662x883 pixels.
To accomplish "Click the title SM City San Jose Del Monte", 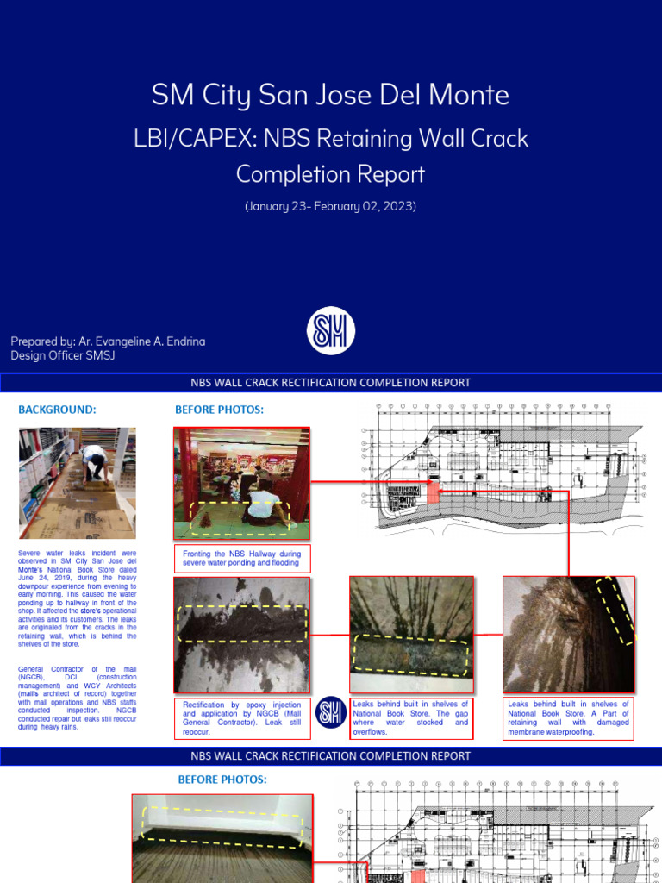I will pyautogui.click(x=330, y=95).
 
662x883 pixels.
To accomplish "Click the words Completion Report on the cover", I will pyautogui.click(x=330, y=174).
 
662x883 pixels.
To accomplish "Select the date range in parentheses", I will pyautogui.click(x=330, y=207).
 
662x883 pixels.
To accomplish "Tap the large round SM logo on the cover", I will pyautogui.click(x=331, y=331).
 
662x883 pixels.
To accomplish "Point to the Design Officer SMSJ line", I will pyautogui.click(x=62, y=355).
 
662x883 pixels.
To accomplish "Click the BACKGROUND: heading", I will pyautogui.click(x=57, y=410).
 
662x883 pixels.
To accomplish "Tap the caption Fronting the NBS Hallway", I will pyautogui.click(x=241, y=558).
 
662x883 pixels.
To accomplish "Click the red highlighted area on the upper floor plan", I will pyautogui.click(x=433, y=491).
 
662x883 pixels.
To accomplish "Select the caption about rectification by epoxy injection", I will pyautogui.click(x=241, y=717).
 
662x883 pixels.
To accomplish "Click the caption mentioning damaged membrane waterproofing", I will pyautogui.click(x=568, y=717).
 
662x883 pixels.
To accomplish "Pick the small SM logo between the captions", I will pyautogui.click(x=330, y=712).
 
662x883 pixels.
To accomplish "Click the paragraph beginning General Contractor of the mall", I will pyautogui.click(x=78, y=698).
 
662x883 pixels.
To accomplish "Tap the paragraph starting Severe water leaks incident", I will pyautogui.click(x=78, y=598).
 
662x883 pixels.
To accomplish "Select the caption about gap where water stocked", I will pyautogui.click(x=410, y=717).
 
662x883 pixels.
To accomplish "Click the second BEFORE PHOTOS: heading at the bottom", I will pyautogui.click(x=222, y=780).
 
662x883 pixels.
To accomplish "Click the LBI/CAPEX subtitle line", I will pyautogui.click(x=330, y=137).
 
